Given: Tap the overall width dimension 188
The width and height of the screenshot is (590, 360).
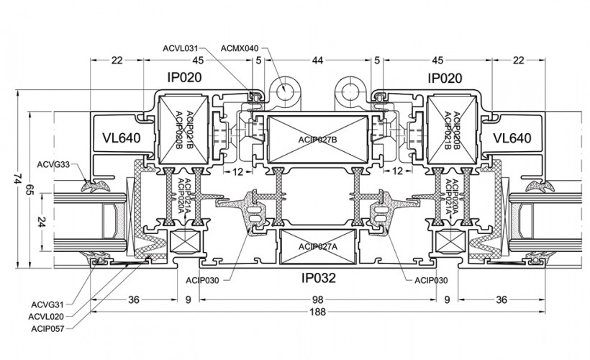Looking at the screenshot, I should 317,312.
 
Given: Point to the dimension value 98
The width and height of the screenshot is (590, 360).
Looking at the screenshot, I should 317,299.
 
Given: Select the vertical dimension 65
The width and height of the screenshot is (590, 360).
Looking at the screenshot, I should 29,191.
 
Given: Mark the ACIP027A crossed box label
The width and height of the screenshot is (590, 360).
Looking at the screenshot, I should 317,246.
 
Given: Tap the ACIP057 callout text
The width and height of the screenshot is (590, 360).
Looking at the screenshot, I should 47,328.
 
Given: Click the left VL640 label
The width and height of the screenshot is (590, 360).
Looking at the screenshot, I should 120,138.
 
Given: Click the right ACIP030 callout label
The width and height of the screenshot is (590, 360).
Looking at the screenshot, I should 432,279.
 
